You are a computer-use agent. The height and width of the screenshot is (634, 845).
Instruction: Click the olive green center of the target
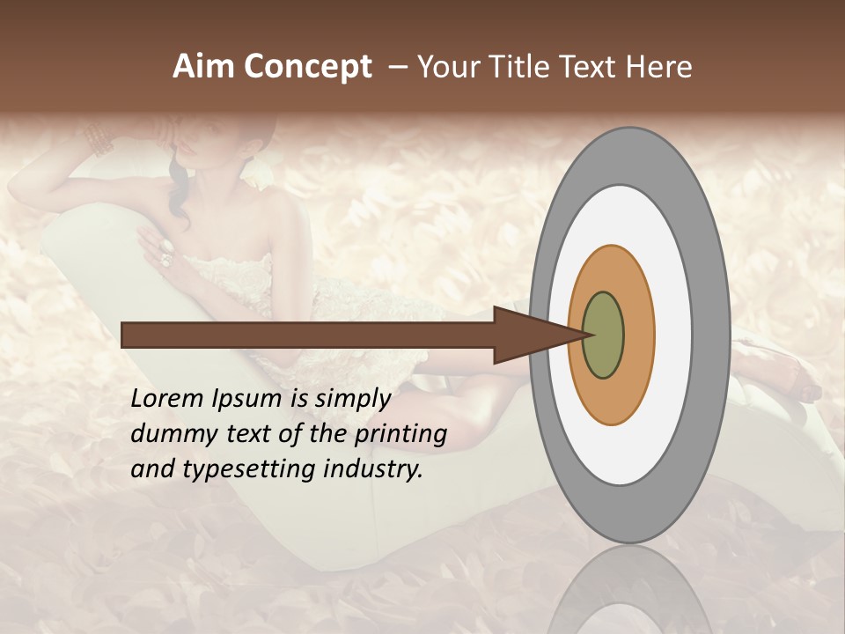pos(603,335)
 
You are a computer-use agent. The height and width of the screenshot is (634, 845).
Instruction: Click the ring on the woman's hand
pos(165,257)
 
